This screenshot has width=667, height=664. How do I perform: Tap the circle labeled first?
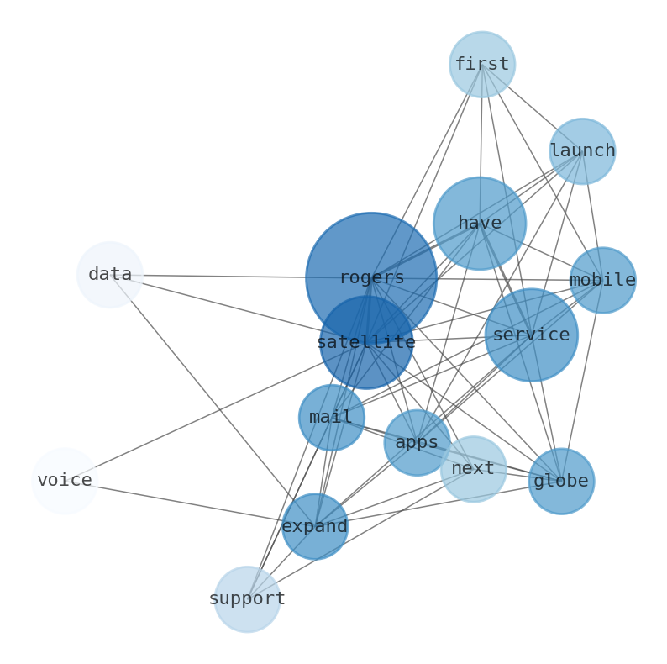(x=481, y=65)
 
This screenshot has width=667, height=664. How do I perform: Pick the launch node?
(x=582, y=151)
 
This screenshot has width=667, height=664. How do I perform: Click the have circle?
(x=479, y=223)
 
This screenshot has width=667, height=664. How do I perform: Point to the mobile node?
(x=602, y=280)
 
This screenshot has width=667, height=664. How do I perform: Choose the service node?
(x=531, y=335)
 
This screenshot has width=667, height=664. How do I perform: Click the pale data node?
(x=110, y=274)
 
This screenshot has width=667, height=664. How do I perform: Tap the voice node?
(x=65, y=480)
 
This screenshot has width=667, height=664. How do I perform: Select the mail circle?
(x=331, y=417)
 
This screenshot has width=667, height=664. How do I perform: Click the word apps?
(x=417, y=442)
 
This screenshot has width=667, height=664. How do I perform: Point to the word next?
(x=473, y=468)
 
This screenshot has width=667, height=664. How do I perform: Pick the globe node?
(x=561, y=481)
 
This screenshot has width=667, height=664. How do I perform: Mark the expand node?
(x=315, y=526)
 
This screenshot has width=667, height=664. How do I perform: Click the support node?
(x=247, y=598)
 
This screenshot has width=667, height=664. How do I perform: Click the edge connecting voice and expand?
(x=190, y=503)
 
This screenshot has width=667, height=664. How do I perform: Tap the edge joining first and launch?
(x=532, y=108)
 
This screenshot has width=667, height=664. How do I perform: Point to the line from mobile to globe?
(x=581, y=381)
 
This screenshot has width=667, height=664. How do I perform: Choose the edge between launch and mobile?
(x=592, y=216)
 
